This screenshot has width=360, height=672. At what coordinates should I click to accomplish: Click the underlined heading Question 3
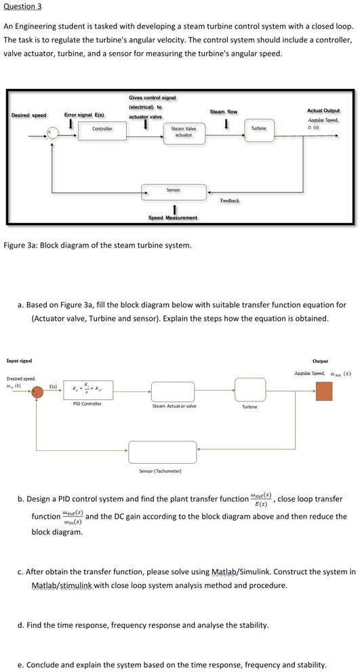coord(23,6)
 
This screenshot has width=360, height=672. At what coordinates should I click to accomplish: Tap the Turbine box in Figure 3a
coord(258,130)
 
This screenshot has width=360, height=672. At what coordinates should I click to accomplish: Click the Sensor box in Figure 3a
coord(173,191)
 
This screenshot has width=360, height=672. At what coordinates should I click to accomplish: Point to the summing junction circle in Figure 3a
coord(49,134)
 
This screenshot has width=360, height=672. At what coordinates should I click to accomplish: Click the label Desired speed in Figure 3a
coord(29,115)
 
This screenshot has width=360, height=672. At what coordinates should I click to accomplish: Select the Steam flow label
coord(224,111)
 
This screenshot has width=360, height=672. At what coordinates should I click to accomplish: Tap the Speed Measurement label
coord(173,218)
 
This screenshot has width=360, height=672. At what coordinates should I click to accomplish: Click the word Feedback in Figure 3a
coord(230,201)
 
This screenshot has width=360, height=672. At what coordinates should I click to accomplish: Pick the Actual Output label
coord(323,111)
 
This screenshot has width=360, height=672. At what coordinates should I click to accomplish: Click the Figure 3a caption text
coord(98,244)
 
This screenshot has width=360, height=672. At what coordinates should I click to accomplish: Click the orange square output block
coord(324,391)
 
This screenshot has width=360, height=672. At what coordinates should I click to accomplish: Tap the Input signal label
coord(20,361)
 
